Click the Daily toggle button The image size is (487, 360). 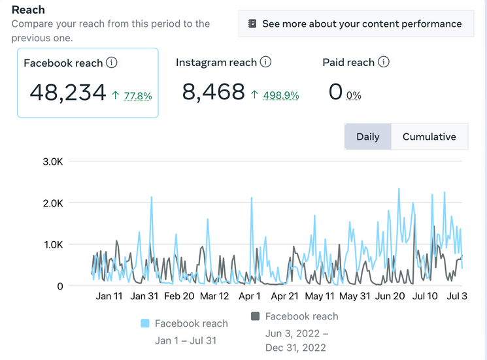368,137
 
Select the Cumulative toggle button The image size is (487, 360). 429,137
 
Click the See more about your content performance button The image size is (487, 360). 356,24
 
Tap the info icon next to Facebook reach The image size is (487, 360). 112,62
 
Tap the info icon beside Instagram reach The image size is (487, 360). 265,62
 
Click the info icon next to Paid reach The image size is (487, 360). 384,62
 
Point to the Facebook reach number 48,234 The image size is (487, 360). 68,93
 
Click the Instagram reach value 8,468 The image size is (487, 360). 213,92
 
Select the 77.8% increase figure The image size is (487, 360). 138,96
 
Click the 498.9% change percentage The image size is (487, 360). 281,95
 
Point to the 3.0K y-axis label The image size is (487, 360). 53,161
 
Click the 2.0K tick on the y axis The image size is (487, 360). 53,203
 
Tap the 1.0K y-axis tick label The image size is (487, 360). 54,245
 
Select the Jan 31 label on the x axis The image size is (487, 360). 144,296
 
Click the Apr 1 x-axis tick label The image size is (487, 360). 250,296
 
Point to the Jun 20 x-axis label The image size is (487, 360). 390,296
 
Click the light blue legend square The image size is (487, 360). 145,323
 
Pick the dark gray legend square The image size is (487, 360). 256,316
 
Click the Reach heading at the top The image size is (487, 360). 28,10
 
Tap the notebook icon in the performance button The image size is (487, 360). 252,24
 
